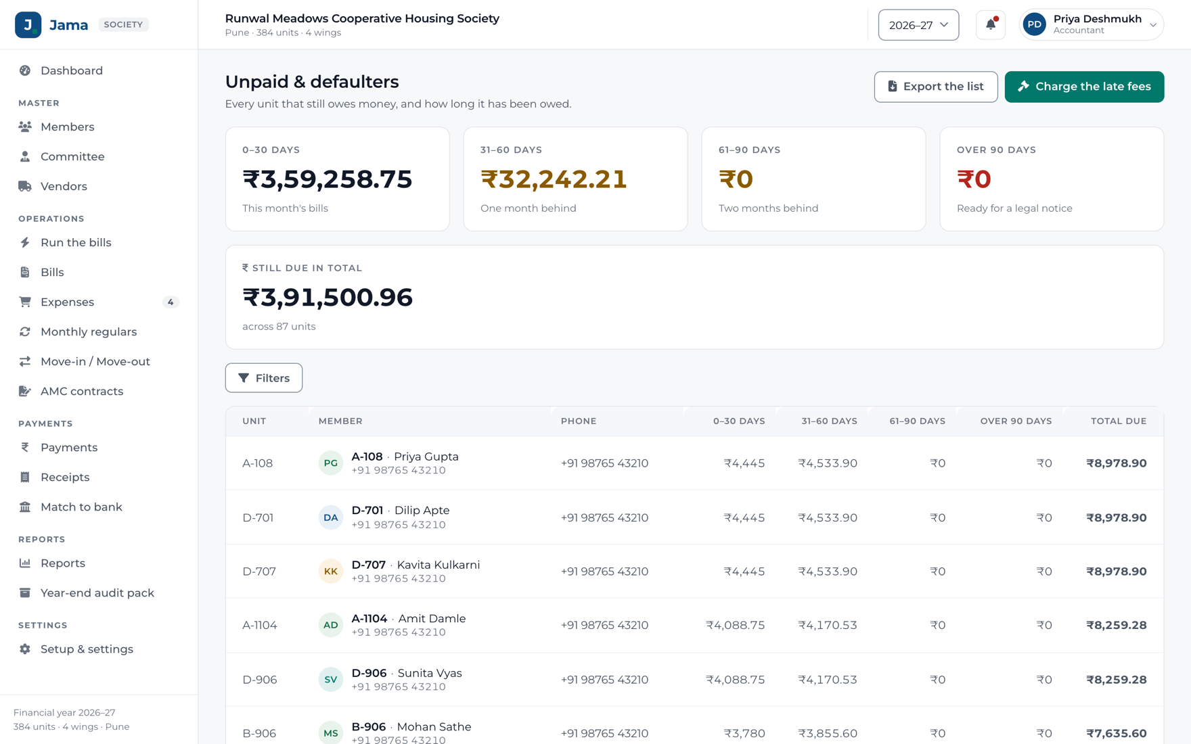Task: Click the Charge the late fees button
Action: (1084, 87)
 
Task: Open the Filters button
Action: (264, 378)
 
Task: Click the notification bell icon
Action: (991, 25)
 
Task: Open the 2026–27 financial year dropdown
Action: (918, 25)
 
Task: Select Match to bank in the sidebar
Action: (81, 507)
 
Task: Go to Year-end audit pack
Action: (97, 592)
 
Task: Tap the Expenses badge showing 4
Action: (171, 302)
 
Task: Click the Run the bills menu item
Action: (76, 242)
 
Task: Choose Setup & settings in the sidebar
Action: (87, 649)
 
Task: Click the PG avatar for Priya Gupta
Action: (330, 463)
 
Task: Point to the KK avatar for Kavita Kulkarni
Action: (330, 572)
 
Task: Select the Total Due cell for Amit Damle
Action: (1117, 625)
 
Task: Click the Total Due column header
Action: (1119, 421)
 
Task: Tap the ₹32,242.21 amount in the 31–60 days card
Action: (554, 179)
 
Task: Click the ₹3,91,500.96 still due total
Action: (328, 298)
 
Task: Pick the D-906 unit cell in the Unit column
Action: (260, 680)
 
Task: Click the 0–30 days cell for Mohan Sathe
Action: (744, 733)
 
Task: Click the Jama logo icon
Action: (28, 25)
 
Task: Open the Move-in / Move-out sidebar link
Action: (95, 361)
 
